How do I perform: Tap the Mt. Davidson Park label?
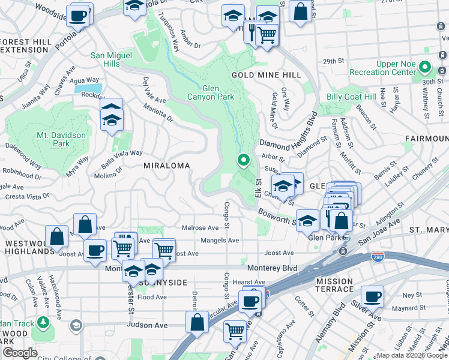(x=61, y=139)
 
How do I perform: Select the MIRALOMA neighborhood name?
(x=166, y=165)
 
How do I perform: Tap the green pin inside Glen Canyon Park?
(x=244, y=160)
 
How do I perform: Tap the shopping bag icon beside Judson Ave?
(x=197, y=322)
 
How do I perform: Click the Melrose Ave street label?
(x=200, y=228)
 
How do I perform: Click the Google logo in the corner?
(x=20, y=353)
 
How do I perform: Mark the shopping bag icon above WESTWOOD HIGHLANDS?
(x=57, y=236)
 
